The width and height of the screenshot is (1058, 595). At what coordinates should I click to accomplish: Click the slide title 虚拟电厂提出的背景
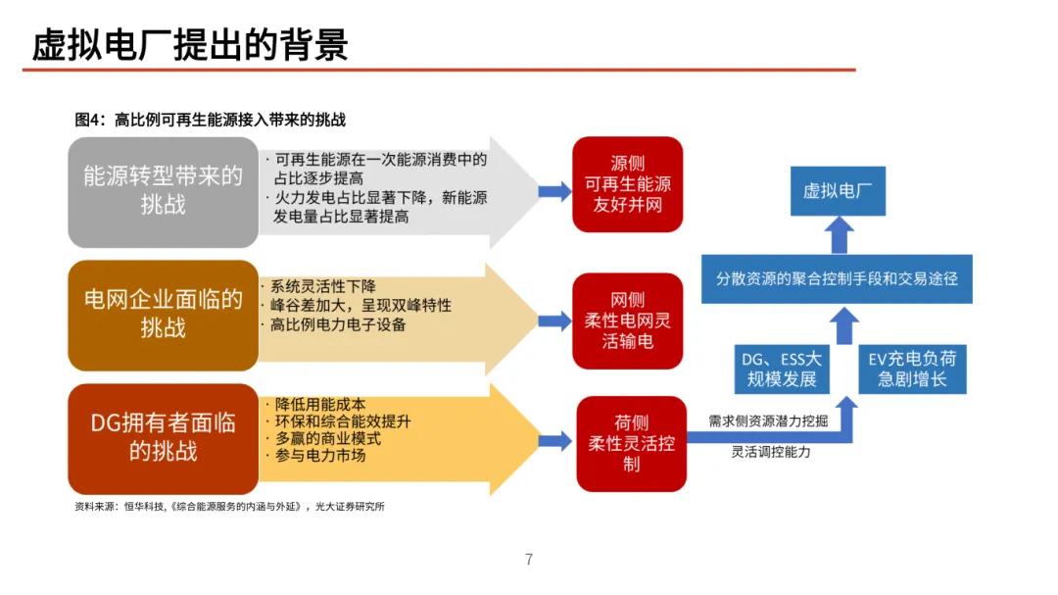click(x=190, y=45)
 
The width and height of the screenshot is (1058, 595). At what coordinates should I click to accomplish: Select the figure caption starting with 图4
click(x=211, y=121)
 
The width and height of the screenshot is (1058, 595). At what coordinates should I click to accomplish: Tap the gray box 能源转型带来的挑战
click(x=163, y=191)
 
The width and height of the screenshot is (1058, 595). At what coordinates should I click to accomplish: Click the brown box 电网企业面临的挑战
click(x=163, y=314)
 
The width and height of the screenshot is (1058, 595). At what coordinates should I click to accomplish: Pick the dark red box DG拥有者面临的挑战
click(x=163, y=437)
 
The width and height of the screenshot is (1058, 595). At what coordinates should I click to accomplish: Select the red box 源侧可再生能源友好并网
click(x=628, y=184)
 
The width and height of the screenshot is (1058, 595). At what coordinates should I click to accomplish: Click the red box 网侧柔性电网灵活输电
click(x=628, y=321)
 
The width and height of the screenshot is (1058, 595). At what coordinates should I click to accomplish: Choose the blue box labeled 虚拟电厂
click(x=838, y=191)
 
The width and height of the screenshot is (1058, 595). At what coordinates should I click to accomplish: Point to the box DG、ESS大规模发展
click(x=782, y=369)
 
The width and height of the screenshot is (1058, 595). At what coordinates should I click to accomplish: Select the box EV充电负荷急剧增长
click(x=912, y=369)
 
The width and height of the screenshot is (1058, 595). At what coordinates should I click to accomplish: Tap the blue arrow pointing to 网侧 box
click(x=554, y=320)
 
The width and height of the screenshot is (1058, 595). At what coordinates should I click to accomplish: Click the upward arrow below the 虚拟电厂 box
click(x=838, y=234)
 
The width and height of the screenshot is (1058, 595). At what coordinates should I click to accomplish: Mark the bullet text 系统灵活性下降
click(x=322, y=287)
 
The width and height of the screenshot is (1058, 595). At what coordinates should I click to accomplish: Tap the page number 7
click(x=529, y=560)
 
